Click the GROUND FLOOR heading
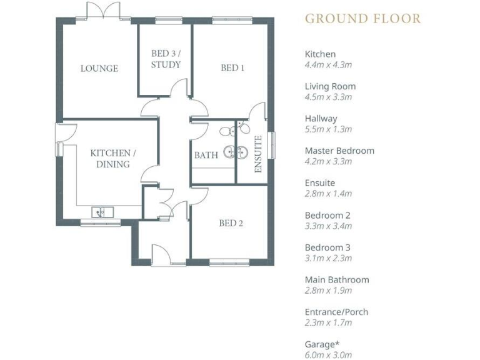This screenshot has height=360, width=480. click(x=362, y=18)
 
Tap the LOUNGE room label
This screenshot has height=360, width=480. click(x=99, y=68)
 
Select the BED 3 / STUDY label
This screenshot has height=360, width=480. click(x=166, y=59)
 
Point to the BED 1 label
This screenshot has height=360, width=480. click(x=232, y=67)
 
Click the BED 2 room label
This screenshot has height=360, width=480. click(x=231, y=223)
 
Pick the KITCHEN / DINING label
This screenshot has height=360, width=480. click(x=110, y=159)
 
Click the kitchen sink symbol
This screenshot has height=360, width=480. click(x=102, y=212)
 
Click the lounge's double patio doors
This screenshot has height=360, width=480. click(x=102, y=11)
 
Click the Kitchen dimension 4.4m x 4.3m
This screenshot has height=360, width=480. click(x=328, y=64)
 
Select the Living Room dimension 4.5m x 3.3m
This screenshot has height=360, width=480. click(x=328, y=97)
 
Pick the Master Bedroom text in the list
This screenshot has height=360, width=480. click(x=339, y=151)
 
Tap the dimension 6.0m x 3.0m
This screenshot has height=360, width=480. click(x=328, y=355)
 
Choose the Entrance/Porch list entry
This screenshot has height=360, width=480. click(x=336, y=312)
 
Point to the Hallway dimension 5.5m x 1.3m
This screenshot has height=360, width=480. click(x=328, y=129)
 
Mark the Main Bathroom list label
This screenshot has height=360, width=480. click(x=336, y=279)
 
